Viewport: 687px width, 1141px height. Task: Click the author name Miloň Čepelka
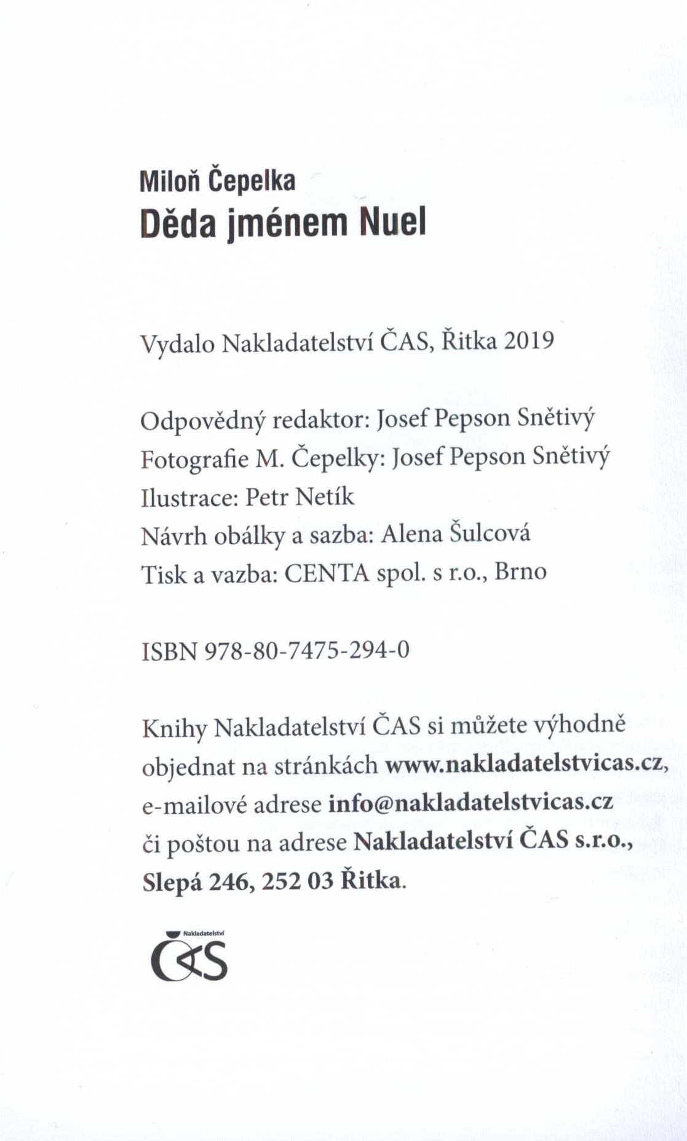point(217,180)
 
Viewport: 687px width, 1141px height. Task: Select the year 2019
point(528,340)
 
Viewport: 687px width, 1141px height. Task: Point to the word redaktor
point(319,419)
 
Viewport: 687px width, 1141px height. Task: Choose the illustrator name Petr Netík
point(300,496)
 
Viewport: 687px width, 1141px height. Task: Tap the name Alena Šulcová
point(455,533)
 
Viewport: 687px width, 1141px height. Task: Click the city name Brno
point(520,571)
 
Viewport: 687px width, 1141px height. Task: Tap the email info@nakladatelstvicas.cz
point(471,802)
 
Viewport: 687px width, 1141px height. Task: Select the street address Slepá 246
point(196,881)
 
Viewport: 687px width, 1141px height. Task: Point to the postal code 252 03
point(298,881)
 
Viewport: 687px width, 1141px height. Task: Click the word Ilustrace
point(189,497)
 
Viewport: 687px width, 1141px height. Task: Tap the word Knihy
point(174,728)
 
